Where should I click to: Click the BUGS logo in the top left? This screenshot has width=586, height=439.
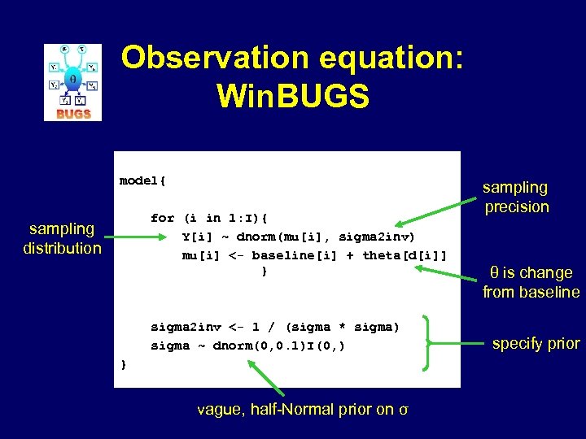point(72,82)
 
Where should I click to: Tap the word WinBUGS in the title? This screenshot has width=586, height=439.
point(293,97)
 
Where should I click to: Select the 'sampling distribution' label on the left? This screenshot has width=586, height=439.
point(62,238)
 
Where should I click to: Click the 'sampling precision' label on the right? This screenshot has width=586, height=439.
point(517,198)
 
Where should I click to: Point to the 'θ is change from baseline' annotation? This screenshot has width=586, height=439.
point(531,282)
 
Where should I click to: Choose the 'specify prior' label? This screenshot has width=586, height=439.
point(536,343)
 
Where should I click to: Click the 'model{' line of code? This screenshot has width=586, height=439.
point(142,180)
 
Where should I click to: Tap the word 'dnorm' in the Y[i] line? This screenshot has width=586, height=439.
point(260,237)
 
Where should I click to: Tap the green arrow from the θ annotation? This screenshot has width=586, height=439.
point(453,271)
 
